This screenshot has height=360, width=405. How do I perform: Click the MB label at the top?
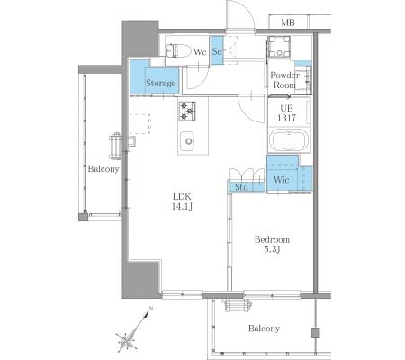[x=288, y=22]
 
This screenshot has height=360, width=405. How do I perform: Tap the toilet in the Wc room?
[x=179, y=50]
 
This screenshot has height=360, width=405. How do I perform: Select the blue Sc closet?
[x=217, y=50]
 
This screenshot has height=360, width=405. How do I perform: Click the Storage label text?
[x=161, y=83]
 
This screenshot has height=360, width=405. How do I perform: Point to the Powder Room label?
[x=284, y=80]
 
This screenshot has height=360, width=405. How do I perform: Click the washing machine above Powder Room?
[x=279, y=47]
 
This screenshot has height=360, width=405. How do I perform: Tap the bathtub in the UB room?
[x=289, y=140]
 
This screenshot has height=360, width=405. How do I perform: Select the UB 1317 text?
[x=286, y=113]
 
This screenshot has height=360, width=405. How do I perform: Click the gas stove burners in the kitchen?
[x=187, y=112]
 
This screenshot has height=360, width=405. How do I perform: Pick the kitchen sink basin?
[x=187, y=141]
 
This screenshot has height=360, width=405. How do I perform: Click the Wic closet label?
[x=282, y=180]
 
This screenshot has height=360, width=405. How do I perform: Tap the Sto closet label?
[x=241, y=187]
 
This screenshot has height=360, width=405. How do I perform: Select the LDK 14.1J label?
[x=182, y=202]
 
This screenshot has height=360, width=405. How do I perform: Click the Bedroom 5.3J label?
[x=272, y=245]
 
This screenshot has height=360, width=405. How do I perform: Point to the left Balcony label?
[x=103, y=169]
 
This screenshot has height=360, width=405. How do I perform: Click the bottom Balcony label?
[x=264, y=328]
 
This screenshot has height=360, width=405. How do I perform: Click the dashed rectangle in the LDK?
[x=140, y=124]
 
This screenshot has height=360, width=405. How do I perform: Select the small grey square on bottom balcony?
[x=316, y=332]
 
